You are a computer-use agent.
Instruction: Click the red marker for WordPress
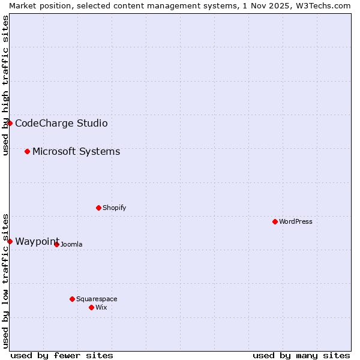(275, 221)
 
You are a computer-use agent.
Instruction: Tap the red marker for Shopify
(98, 208)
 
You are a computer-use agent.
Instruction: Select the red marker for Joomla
(56, 244)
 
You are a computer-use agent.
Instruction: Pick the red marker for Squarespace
(72, 299)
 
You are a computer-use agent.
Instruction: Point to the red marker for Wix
(91, 307)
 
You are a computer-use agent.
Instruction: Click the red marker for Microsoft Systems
(27, 151)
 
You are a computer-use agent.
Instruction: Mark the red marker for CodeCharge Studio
(10, 123)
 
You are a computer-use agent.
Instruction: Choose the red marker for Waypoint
(10, 241)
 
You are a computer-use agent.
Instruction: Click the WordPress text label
(296, 221)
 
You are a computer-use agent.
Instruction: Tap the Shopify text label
(115, 208)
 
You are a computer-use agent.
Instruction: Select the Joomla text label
(71, 244)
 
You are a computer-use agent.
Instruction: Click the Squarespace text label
(97, 299)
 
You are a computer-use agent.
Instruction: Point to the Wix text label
(101, 307)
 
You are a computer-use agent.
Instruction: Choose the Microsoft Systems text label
(76, 151)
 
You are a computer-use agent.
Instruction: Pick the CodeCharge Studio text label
(61, 123)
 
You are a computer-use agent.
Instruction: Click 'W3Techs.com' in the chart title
(326, 5)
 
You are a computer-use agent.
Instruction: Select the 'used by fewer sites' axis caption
(62, 355)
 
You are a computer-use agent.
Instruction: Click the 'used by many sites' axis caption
(301, 355)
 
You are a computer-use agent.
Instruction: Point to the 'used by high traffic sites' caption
(5, 85)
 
